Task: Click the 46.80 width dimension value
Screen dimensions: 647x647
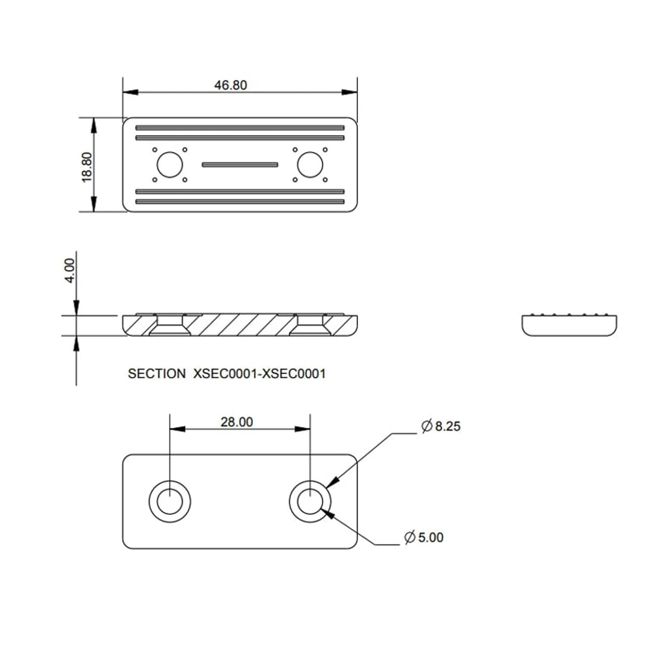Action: coord(231,85)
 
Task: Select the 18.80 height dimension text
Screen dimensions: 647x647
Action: coord(87,167)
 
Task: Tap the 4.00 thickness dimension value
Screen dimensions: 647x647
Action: coord(70,271)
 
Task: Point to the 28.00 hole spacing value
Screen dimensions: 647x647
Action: coord(237,422)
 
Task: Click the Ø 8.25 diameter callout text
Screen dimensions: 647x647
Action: coord(441,426)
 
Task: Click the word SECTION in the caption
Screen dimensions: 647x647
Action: coord(157,374)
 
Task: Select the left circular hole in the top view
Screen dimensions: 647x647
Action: coord(169,165)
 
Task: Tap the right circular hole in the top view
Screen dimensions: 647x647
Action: coord(310,165)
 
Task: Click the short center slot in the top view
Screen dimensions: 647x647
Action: coord(240,165)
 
